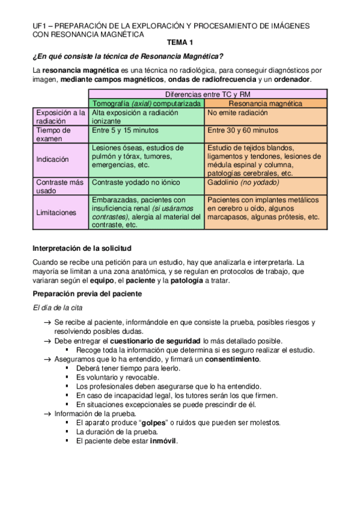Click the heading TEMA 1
tap(180, 43)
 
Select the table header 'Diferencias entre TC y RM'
tap(208, 94)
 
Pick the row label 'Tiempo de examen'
tap(53, 134)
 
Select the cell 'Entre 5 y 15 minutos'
tap(125, 130)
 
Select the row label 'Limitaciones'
tap(56, 212)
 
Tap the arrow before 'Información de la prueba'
tap(47, 414)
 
